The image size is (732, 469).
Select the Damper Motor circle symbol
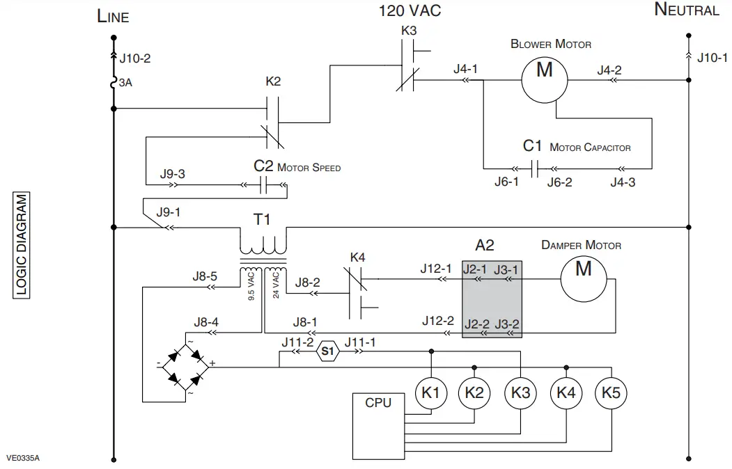584,279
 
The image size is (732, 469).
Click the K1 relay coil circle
431,393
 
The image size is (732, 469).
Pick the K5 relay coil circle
611,393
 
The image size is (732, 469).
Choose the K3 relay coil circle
520,393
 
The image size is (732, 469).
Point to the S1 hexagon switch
328,352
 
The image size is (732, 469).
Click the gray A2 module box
492,297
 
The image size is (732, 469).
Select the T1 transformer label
262,220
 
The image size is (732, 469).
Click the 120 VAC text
410,11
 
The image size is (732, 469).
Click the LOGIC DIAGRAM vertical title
22,245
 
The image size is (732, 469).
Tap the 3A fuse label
125,82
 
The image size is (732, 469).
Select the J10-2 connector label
135,58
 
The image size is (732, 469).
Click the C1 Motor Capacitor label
576,147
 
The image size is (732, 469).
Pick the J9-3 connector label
172,175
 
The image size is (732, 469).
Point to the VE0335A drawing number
23,458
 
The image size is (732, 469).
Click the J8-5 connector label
205,276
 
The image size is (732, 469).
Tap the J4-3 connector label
622,182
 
